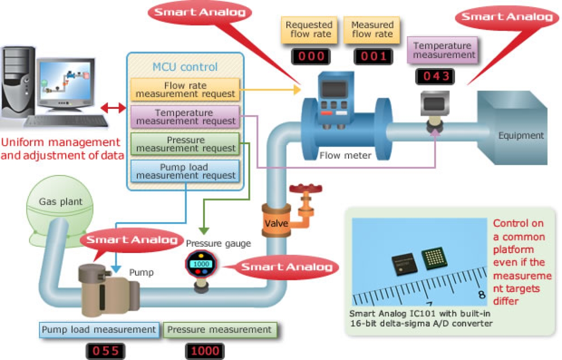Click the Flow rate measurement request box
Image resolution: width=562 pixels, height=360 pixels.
(185, 90)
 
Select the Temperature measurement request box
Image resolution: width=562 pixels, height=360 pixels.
(185, 117)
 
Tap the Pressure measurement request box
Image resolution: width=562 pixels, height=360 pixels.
(185, 144)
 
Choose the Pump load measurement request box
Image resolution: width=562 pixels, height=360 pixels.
(185, 171)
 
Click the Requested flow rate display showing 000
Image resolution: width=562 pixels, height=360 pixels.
(311, 57)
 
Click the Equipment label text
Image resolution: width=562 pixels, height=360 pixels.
(521, 136)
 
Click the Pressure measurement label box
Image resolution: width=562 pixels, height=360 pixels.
(220, 330)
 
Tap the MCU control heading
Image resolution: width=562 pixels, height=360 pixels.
(185, 67)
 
